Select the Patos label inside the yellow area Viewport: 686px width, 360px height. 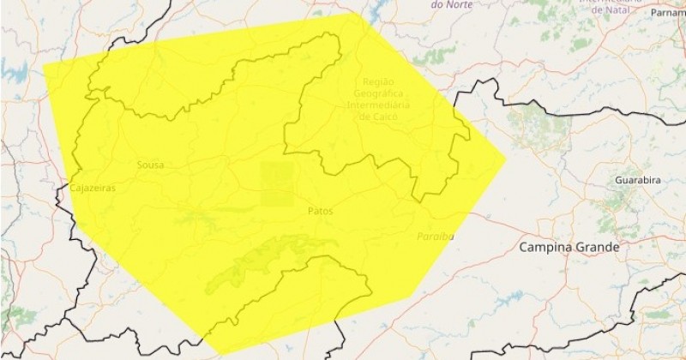[320, 210]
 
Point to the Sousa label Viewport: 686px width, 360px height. [150, 165]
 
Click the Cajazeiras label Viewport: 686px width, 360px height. [93, 187]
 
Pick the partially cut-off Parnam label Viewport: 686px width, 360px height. [668, 13]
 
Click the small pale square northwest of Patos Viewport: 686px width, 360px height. [276, 183]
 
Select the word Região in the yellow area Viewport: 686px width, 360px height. [380, 81]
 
